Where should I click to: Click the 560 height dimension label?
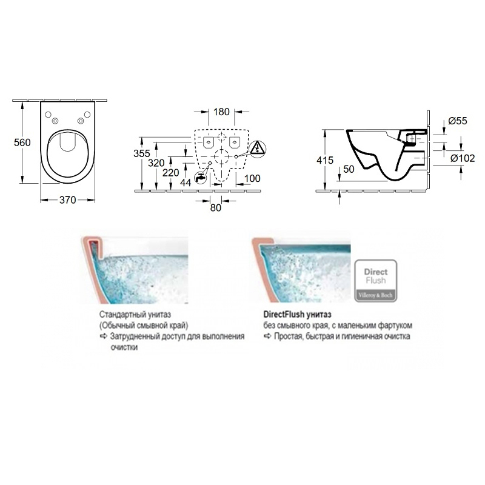coord(22,142)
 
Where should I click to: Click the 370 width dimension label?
coord(68,200)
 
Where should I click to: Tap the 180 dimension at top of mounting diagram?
coord(221,112)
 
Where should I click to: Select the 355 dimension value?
coord(142,153)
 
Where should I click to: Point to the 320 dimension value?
coord(156,163)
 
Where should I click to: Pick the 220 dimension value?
coord(171,173)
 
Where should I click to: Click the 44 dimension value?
coord(186,183)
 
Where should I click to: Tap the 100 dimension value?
coord(252,178)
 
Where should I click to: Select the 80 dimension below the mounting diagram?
coord(216,207)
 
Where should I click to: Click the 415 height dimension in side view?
coord(325,160)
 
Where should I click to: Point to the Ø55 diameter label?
coord(458,121)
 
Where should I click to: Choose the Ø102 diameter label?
coord(463,158)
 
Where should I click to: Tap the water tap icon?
coord(200,178)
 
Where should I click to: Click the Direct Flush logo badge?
coord(375,281)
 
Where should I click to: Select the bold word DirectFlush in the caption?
coord(284,315)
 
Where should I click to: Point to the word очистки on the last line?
coord(124,347)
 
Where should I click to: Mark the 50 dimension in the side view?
coord(349,169)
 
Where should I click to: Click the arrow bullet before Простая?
coord(267,336)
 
